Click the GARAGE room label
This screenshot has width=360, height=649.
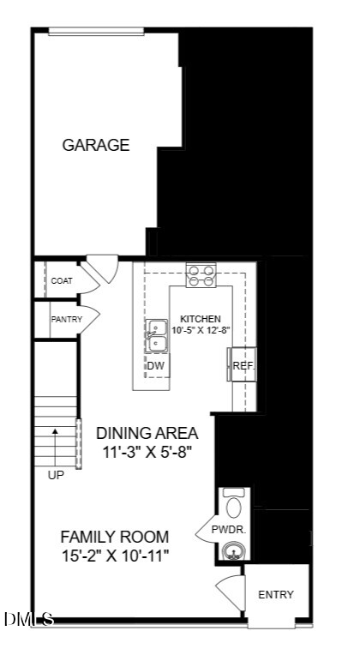[x=96, y=145]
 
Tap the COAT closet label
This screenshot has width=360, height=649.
[x=62, y=281]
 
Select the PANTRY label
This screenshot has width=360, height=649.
[x=67, y=320]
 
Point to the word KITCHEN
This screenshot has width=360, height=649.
[x=201, y=319]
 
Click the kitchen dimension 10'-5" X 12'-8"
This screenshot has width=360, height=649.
[x=201, y=330]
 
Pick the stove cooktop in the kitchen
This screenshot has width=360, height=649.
[x=201, y=275]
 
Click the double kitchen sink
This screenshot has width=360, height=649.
[x=156, y=336]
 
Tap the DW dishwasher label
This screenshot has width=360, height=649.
[x=156, y=366]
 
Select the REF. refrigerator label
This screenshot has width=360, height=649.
[x=243, y=366]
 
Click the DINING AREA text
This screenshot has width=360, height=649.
[x=147, y=433]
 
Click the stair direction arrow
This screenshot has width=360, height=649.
[x=55, y=448]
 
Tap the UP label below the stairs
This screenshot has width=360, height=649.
[x=56, y=476]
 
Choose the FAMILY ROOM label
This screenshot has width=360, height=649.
[x=115, y=537]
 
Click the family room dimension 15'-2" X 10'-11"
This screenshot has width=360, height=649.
[x=115, y=556]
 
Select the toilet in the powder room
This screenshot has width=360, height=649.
[x=234, y=503]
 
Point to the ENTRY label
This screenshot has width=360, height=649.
[x=276, y=595]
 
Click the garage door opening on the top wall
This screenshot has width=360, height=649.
[x=96, y=32]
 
